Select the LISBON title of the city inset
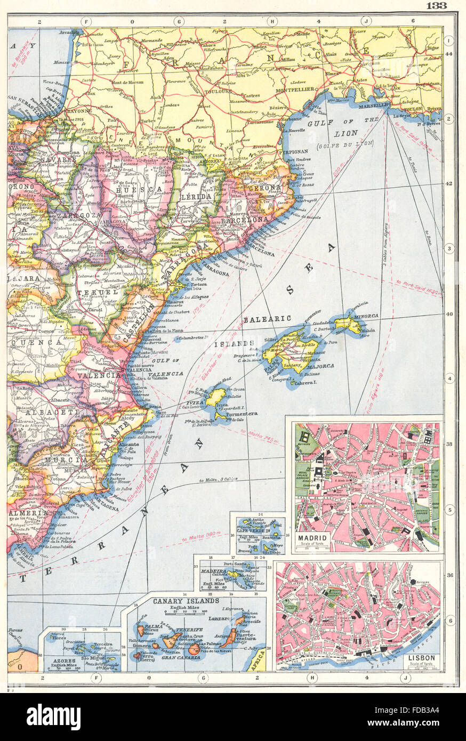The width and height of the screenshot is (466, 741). [421, 658]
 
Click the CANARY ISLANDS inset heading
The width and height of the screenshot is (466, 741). [186, 601]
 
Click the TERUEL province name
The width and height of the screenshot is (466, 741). [105, 293]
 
